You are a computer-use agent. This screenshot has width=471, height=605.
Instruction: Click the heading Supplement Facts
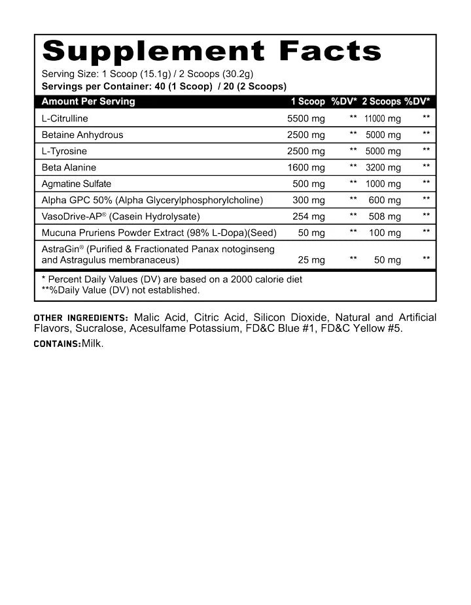click(x=211, y=52)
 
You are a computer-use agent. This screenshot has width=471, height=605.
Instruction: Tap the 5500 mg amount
click(x=305, y=119)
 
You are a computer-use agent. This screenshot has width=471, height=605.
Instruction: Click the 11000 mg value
click(x=382, y=119)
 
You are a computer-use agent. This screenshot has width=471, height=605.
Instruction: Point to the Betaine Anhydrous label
click(x=82, y=135)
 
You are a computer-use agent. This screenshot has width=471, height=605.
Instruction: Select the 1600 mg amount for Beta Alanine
click(x=305, y=167)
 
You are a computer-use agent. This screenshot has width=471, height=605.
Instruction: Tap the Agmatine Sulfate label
click(x=76, y=184)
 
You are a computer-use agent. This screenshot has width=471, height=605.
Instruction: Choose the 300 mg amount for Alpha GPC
click(x=308, y=200)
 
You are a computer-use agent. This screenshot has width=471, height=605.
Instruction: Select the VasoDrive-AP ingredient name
click(x=72, y=216)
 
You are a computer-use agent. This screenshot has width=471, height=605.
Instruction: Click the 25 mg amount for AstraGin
click(x=311, y=260)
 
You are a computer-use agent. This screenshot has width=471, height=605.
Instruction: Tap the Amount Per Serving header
click(x=88, y=101)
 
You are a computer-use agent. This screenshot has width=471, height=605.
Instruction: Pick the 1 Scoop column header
click(x=307, y=101)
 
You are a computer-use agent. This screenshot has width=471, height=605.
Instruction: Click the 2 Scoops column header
click(x=381, y=101)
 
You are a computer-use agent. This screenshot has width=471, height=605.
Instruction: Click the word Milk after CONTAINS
click(x=92, y=343)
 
